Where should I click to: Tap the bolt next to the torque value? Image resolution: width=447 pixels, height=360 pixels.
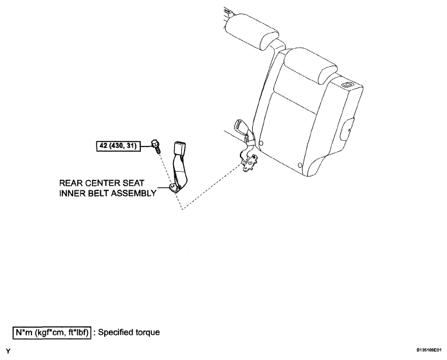[x=156, y=146]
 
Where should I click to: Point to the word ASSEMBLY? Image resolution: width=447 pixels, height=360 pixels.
[x=133, y=194]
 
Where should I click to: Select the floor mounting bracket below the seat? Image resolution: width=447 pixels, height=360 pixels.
[x=249, y=163]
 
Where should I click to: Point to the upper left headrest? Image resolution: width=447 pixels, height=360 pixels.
[x=251, y=32]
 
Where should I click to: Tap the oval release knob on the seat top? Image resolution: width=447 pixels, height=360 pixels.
[x=347, y=84]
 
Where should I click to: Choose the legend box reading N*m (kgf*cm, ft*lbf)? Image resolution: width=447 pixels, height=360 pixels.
[x=52, y=332]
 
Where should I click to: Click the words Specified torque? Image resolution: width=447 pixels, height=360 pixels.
[x=129, y=332]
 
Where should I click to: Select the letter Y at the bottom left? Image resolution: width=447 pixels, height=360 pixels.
[x=8, y=351]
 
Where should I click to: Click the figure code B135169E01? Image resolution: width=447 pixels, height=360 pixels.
[x=429, y=350]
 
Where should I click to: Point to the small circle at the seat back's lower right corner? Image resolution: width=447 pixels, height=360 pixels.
[x=300, y=165]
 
